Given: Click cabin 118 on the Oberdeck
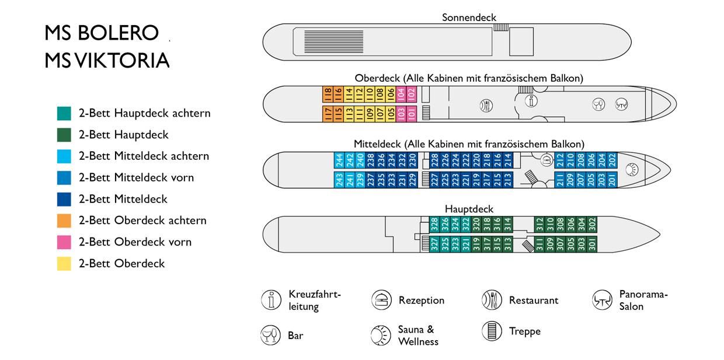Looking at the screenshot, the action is (328, 95).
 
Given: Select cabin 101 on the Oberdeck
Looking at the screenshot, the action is (412, 114).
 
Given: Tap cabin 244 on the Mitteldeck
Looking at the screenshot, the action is (339, 160).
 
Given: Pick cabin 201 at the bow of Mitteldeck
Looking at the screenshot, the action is (612, 180).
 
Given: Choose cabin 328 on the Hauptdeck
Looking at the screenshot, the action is (434, 225).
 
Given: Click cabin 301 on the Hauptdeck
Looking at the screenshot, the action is (592, 244).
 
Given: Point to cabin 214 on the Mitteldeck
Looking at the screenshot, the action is (508, 160).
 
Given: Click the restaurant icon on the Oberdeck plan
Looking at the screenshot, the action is (486, 105).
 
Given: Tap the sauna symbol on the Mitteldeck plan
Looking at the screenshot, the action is (632, 170).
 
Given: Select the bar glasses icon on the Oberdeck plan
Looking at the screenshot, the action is (598, 104).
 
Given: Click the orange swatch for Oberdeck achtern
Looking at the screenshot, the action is (64, 221).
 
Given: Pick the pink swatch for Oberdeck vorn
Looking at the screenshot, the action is (64, 242).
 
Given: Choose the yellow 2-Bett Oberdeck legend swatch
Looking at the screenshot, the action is (64, 264).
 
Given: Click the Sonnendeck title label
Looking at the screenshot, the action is (469, 18).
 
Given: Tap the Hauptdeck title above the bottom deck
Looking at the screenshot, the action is (469, 209).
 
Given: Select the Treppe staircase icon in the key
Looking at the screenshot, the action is (492, 331).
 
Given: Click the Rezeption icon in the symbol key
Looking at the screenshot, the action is (381, 300).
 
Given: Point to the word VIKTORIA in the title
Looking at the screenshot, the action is (123, 60).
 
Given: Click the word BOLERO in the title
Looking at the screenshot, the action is (118, 33).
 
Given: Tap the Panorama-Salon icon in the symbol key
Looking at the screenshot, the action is (602, 300).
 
